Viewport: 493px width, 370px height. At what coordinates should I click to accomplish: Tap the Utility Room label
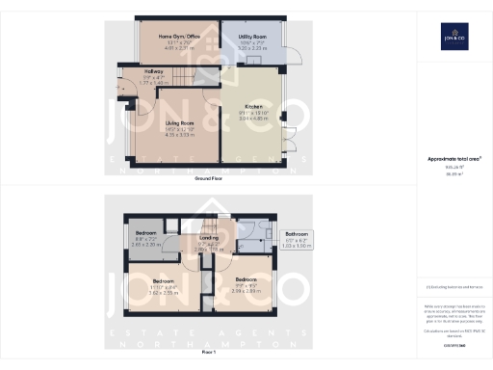tap(251, 37)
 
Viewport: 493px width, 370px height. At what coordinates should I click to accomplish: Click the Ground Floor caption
tap(209, 178)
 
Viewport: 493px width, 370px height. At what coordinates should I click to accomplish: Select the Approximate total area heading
tap(454, 159)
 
